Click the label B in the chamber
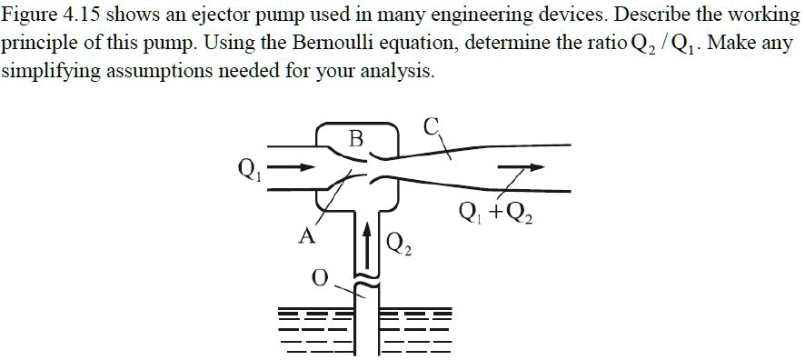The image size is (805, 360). coord(356,139)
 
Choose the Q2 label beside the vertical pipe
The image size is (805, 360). coord(399,244)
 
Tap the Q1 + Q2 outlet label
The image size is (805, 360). coord(497,214)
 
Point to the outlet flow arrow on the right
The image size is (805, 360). coord(522,167)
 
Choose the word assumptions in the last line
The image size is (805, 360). coord(158,73)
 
